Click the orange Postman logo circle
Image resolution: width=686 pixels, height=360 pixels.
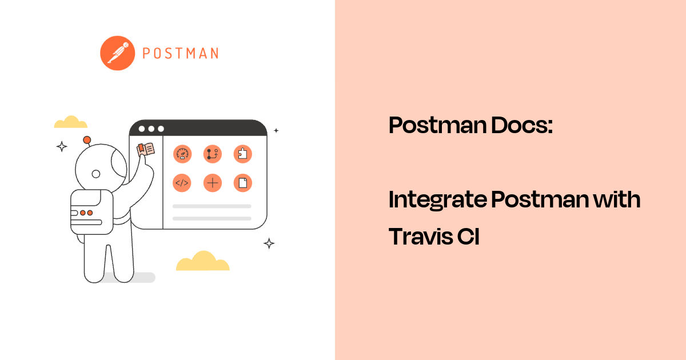[117, 53]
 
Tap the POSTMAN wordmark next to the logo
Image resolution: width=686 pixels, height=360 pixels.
[180, 54]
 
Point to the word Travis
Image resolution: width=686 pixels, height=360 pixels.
[419, 236]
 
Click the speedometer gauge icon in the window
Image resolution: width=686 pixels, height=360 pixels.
[182, 154]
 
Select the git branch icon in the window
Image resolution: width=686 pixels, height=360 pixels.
[213, 154]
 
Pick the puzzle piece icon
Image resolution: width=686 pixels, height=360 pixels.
[243, 154]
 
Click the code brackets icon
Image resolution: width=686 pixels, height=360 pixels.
[182, 183]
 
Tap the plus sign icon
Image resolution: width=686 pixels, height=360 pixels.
[213, 183]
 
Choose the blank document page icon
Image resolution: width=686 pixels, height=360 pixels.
[243, 183]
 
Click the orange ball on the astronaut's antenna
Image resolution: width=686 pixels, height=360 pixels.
[87, 140]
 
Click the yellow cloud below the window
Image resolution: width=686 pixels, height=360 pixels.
[202, 261]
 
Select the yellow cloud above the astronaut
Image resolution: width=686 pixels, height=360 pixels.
[71, 122]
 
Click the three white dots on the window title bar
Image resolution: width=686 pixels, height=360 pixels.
[151, 129]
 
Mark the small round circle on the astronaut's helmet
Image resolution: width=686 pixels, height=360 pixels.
[96, 174]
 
